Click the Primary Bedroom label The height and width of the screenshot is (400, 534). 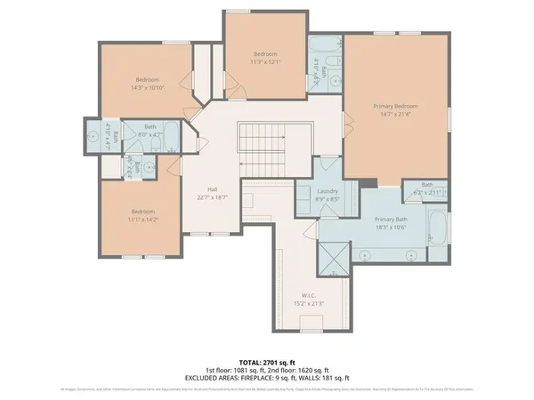tap(395, 106)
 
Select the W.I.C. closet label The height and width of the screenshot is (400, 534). tap(309, 295)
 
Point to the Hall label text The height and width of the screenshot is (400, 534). tap(213, 189)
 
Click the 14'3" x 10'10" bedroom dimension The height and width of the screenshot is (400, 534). tap(147, 87)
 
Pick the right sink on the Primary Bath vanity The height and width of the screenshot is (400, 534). tap(410, 253)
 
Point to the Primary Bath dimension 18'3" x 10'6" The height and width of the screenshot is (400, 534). tap(390, 227)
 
